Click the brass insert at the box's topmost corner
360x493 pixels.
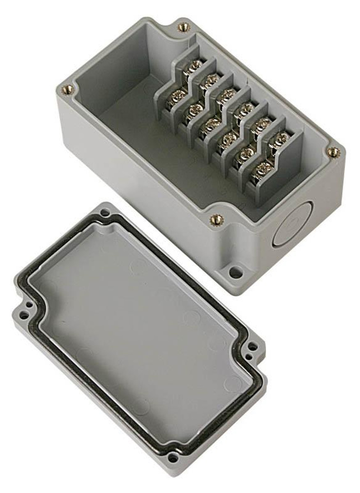click(184, 28)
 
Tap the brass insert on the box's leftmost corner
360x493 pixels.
click(67, 88)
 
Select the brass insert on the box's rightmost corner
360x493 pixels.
click(333, 152)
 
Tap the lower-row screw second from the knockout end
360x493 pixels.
click(246, 154)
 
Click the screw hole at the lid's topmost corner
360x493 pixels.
click(105, 212)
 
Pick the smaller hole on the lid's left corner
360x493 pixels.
click(29, 305)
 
